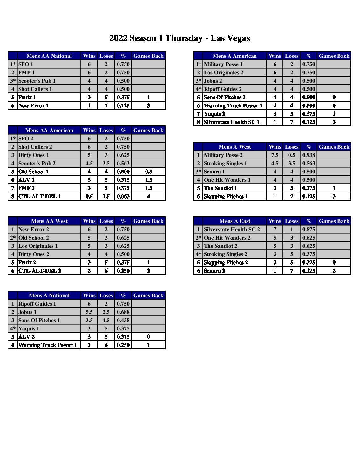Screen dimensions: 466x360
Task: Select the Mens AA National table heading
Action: (49, 56)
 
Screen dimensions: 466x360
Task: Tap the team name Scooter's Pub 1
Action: (37, 81)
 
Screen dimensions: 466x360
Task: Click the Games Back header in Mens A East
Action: (334, 221)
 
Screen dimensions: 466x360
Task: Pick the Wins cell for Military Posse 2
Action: (275, 155)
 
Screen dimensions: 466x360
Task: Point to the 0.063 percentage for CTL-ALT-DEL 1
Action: (123, 196)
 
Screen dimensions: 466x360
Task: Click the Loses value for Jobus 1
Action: (106, 312)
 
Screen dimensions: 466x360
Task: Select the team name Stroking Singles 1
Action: (225, 163)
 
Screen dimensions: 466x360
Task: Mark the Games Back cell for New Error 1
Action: (148, 105)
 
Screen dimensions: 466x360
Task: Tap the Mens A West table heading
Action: (234, 147)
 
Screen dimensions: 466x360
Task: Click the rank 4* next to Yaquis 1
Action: (13, 328)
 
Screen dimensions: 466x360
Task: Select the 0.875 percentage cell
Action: (309, 229)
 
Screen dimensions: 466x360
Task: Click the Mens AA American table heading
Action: (49, 130)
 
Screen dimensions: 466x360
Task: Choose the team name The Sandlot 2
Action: (221, 246)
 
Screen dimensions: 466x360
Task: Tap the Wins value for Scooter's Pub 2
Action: (89, 163)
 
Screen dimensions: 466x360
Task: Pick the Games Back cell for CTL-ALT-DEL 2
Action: (148, 271)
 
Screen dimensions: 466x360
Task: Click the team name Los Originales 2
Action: (223, 72)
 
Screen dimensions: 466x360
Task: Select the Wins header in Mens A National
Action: (89, 295)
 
